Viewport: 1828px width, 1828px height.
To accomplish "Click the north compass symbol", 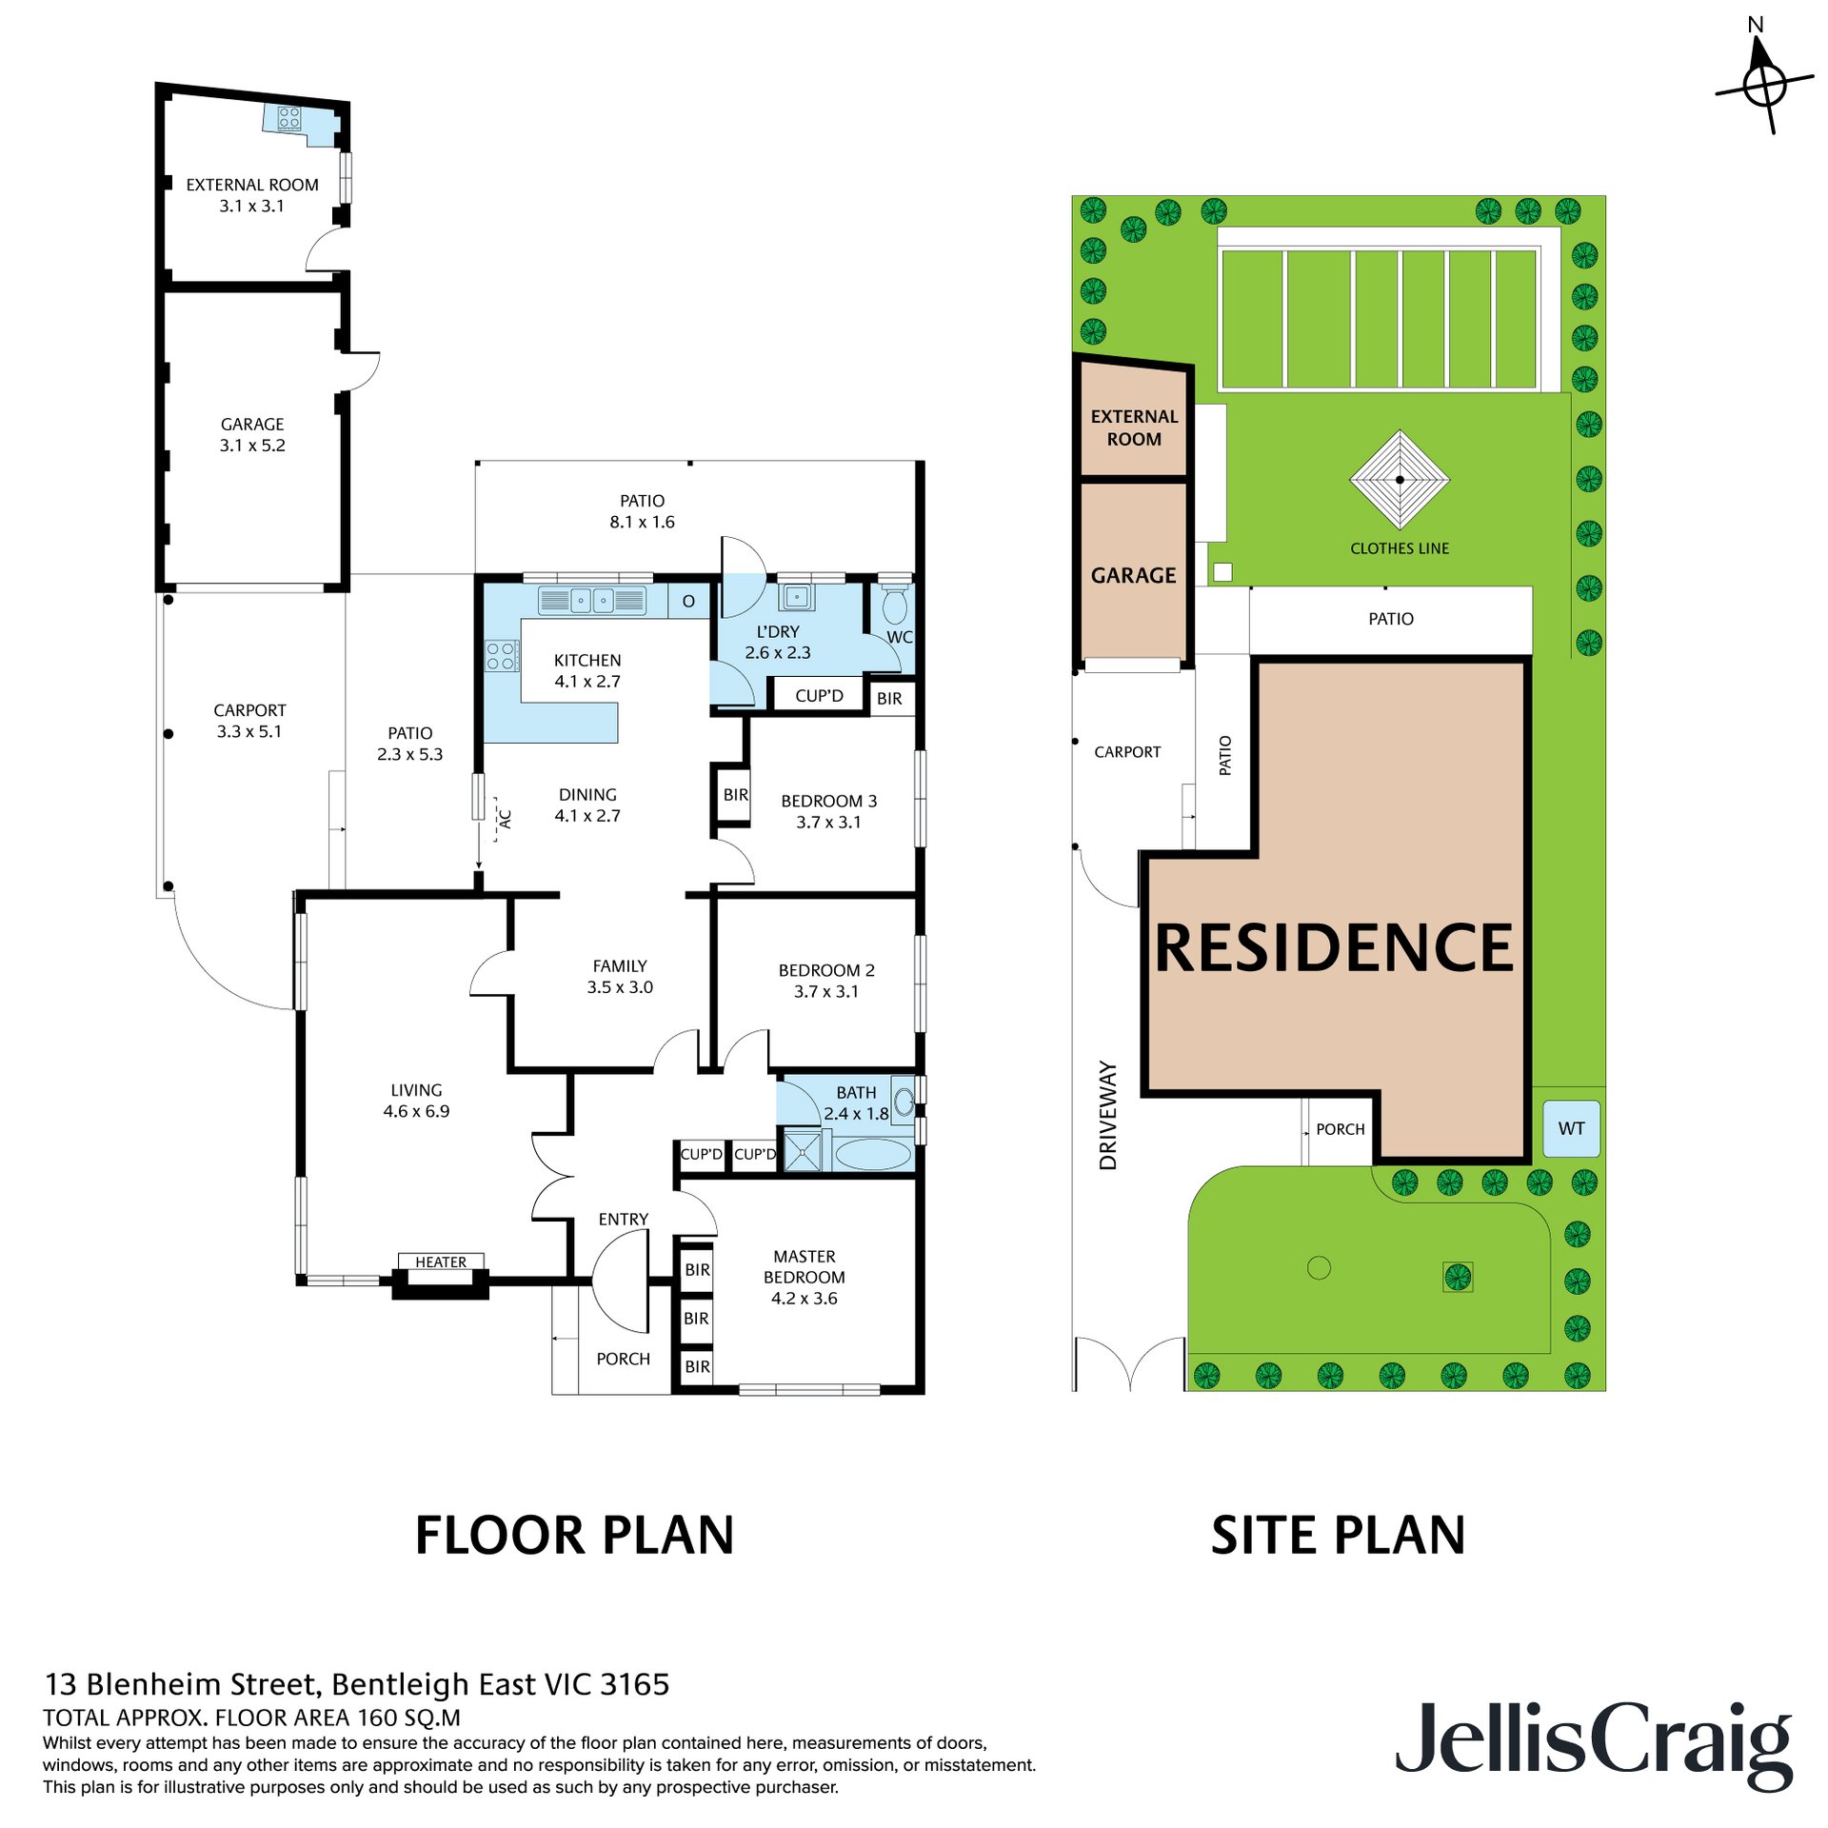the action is click(1764, 87).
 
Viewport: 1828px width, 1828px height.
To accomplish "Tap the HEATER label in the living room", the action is click(441, 1262).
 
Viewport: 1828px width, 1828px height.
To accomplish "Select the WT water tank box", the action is click(1571, 1129).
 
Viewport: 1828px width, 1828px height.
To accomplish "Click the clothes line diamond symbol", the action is click(1400, 480).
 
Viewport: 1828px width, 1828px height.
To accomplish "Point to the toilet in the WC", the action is click(895, 603).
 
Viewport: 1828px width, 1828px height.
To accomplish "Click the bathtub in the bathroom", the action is click(873, 1154).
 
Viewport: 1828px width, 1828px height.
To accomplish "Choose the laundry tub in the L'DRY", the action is click(796, 597).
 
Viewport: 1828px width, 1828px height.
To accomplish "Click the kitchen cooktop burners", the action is click(502, 656).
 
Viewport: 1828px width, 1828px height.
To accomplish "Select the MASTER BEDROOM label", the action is click(805, 1266).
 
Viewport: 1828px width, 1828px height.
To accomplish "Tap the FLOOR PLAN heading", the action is click(575, 1536).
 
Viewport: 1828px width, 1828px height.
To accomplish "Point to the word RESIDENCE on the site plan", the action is click(1334, 947).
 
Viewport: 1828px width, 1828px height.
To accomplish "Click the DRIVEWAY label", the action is click(1108, 1115).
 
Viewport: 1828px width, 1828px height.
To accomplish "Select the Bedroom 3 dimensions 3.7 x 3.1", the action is click(828, 822).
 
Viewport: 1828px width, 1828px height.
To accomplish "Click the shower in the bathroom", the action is click(803, 1149).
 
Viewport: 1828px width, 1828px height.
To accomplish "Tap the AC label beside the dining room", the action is click(506, 819).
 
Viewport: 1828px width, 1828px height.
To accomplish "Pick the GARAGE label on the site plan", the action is click(1134, 575).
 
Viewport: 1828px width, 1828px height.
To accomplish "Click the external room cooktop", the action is click(289, 118).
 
